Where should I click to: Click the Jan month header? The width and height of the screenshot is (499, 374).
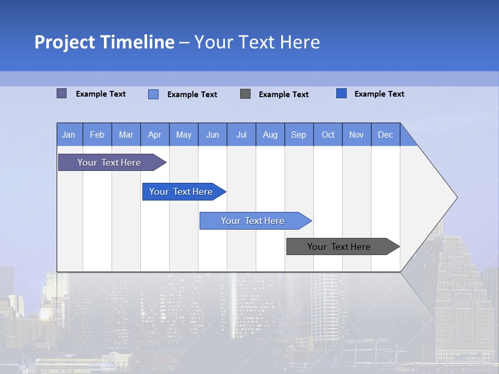pos(69,135)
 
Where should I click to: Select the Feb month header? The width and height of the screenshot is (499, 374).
pos(97,135)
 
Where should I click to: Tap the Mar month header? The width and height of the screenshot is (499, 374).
pos(126,135)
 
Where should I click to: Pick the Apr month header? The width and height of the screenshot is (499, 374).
pos(155,135)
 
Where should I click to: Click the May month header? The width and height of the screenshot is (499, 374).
pos(183,135)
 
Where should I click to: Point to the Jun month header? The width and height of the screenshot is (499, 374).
pos(213,135)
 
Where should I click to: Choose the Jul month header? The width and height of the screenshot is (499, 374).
pos(241,135)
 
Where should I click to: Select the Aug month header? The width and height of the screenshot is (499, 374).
pos(270,135)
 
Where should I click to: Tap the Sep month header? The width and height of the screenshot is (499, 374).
pos(299,135)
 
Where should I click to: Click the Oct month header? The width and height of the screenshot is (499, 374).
pos(328,135)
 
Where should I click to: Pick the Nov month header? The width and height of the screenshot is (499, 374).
pos(357,135)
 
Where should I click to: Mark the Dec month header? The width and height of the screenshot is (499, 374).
pos(386,135)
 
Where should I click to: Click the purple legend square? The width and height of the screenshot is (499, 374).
pos(62,94)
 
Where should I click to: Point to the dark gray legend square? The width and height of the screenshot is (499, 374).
pos(245,94)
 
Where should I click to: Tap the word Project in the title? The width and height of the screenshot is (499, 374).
pos(64,42)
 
